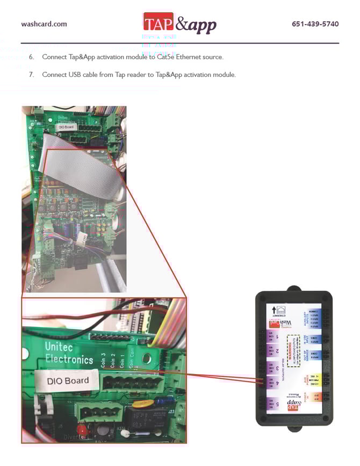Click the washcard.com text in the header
[44, 24]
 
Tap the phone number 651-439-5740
[315, 24]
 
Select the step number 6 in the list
[32, 57]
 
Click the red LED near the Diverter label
[82, 430]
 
